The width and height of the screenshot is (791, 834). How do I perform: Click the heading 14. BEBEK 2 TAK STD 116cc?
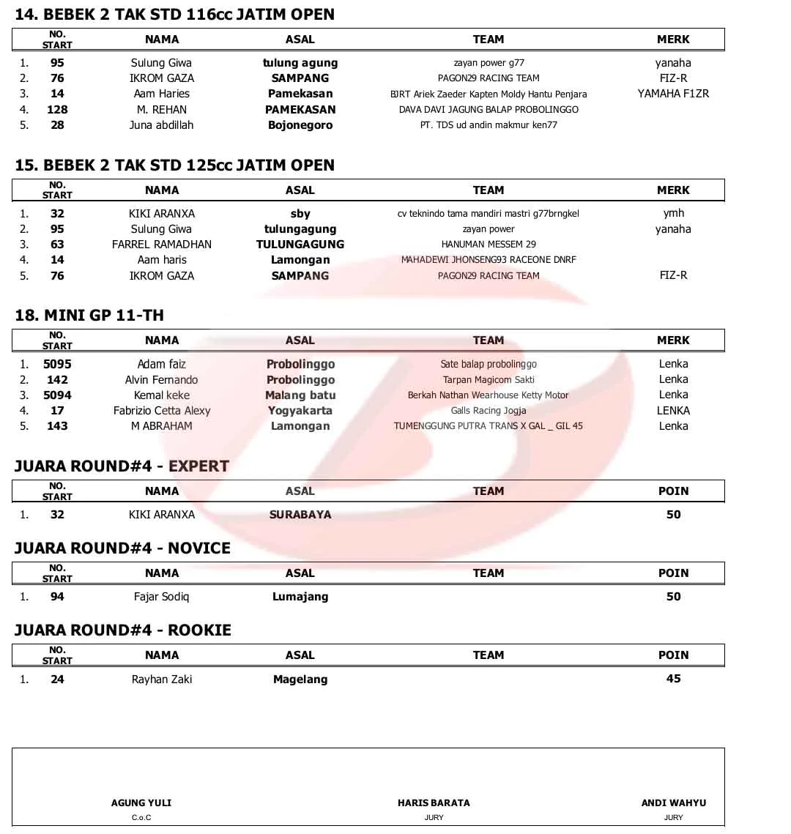(x=174, y=15)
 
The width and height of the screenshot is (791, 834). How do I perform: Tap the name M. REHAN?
(x=162, y=110)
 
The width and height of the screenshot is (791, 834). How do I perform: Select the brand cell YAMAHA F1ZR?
(x=673, y=94)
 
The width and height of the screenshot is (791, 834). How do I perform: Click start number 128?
(x=57, y=110)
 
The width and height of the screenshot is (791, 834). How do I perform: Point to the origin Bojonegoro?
(x=300, y=125)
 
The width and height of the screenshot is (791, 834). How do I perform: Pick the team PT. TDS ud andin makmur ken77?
(x=489, y=125)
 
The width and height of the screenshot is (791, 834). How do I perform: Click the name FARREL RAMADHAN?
(x=162, y=245)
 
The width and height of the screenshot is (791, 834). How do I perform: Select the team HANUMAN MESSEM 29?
(x=489, y=245)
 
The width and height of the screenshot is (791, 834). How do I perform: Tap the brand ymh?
(x=673, y=213)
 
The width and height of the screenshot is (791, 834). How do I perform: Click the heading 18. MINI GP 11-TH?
(x=89, y=316)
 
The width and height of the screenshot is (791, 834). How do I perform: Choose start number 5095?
(x=57, y=364)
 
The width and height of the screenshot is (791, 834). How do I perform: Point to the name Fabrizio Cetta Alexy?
(x=162, y=411)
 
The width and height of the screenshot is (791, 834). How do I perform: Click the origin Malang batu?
(x=300, y=395)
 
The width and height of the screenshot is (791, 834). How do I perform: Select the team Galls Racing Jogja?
(x=489, y=411)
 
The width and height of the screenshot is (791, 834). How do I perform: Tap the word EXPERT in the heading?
(x=198, y=466)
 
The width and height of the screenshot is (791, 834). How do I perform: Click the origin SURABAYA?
(x=300, y=515)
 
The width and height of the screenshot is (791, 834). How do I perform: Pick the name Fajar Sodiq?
(x=162, y=597)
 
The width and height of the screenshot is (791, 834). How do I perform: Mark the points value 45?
(x=673, y=679)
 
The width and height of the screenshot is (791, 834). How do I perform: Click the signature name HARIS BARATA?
(x=434, y=803)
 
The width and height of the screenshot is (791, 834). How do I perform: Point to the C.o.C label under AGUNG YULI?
(x=141, y=818)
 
